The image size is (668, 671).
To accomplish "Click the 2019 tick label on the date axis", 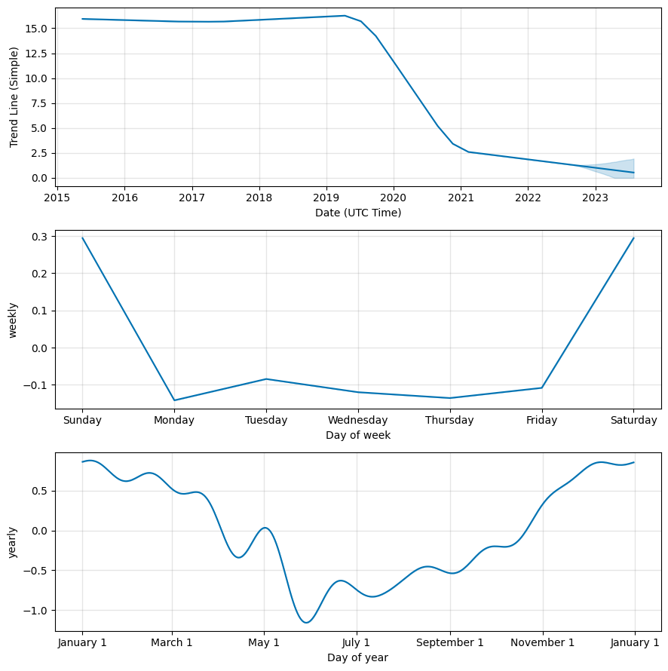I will click(326, 198).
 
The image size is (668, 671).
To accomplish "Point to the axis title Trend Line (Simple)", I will click(14, 97).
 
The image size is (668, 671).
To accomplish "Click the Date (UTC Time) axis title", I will click(358, 213).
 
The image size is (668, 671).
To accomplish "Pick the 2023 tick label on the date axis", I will click(595, 198).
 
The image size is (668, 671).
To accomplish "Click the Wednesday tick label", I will click(358, 421).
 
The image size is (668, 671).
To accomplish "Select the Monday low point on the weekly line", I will click(174, 400).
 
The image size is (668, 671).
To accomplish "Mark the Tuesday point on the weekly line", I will click(266, 379).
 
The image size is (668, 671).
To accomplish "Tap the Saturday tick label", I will click(633, 421).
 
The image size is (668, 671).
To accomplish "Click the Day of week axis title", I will click(358, 435).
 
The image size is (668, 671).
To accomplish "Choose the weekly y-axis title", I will click(13, 320).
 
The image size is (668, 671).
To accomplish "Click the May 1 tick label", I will click(264, 643).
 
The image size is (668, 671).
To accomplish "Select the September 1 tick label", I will click(450, 643).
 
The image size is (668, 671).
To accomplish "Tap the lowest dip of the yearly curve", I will click(306, 623).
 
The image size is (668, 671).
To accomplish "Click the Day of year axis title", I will click(358, 657).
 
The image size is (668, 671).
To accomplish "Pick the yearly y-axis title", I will click(13, 542).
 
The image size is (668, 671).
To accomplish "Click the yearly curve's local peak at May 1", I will click(265, 528).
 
